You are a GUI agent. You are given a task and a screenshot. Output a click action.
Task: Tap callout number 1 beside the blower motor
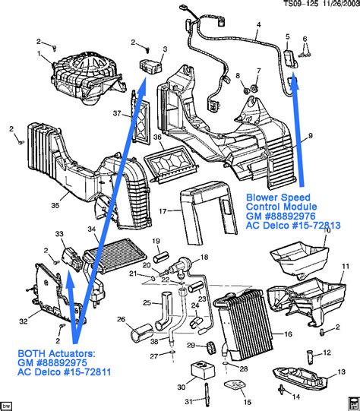tap(38, 54)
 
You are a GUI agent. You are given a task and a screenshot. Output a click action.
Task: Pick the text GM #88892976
tap(281, 216)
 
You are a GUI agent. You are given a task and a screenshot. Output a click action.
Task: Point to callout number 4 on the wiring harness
tap(258, 24)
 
